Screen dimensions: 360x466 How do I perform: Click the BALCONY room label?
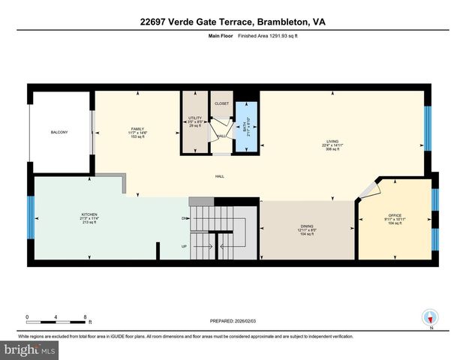pos(59,133)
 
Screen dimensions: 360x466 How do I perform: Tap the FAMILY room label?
pos(137,129)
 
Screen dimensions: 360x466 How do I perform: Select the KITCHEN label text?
pos(89,215)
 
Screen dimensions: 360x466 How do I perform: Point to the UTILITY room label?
pos(194,118)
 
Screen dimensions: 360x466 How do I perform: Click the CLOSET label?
pos(221,104)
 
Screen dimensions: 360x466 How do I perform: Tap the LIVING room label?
pos(331,141)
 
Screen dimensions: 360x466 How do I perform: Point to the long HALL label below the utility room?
pos(221,177)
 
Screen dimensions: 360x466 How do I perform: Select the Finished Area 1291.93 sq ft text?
pos(257,35)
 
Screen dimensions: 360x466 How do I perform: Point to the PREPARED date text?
pos(233,321)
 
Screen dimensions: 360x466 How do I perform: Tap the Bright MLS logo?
pos(29,350)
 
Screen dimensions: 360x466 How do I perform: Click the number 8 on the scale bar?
pos(85,317)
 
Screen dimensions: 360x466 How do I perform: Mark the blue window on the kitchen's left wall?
pos(31,217)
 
